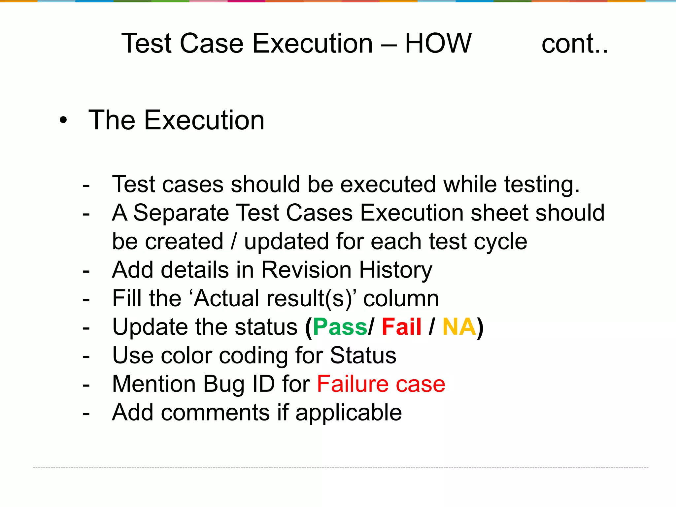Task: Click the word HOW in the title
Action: click(x=438, y=43)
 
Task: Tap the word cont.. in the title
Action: click(x=574, y=44)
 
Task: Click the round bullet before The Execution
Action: click(x=63, y=120)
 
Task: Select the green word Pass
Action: click(x=340, y=327)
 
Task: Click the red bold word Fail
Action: click(x=401, y=327)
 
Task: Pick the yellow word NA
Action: click(x=459, y=327)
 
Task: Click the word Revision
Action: click(x=306, y=270)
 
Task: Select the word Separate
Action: click(x=181, y=213)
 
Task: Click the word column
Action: click(x=401, y=299)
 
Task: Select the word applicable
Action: click(x=349, y=413)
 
